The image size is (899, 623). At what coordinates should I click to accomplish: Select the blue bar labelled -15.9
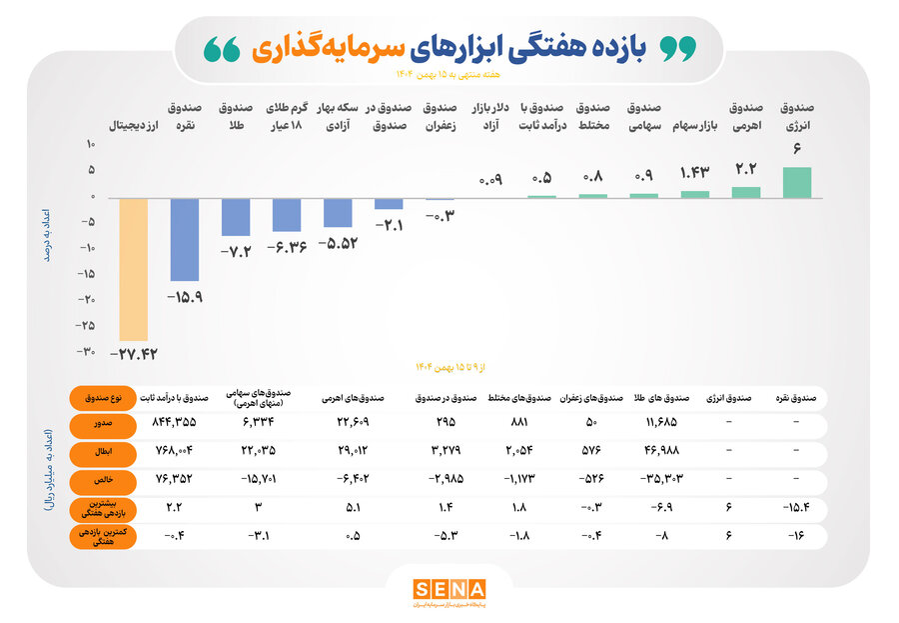[x=184, y=239]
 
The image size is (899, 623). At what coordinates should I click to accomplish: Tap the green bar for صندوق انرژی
[x=796, y=182]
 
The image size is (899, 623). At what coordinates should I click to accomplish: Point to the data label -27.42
[x=133, y=354]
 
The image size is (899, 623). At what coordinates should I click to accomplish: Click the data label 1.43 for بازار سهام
[x=695, y=173]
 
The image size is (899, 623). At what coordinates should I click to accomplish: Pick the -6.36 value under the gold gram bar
[x=287, y=246]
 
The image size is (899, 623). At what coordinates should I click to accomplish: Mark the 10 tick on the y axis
[x=89, y=145]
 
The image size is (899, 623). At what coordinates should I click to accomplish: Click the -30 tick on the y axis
[x=87, y=351]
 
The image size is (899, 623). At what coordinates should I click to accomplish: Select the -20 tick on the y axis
[x=87, y=299]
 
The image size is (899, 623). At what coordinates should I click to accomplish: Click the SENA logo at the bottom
[x=449, y=590]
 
